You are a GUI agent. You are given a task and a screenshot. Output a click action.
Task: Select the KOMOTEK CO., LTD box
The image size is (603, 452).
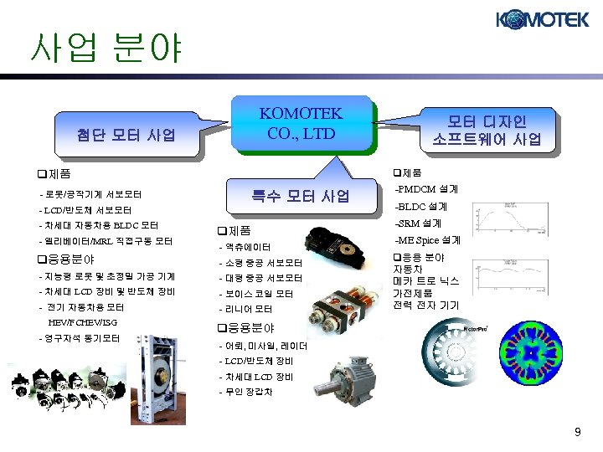[301, 123]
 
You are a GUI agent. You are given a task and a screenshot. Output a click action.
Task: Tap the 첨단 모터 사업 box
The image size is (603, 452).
[126, 134]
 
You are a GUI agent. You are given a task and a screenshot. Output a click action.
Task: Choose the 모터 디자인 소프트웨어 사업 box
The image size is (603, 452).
[487, 129]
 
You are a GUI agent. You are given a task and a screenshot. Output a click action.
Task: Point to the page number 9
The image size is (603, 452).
[577, 432]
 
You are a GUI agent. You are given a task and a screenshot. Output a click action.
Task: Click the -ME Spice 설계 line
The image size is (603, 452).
[427, 240]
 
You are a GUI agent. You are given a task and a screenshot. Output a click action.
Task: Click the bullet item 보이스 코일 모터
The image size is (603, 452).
[255, 294]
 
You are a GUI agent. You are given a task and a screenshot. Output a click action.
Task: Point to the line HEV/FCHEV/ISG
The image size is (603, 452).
[83, 322]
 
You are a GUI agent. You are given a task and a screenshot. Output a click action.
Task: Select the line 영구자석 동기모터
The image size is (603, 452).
[80, 338]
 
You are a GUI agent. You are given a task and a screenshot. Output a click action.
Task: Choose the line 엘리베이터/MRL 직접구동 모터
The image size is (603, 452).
[106, 241]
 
